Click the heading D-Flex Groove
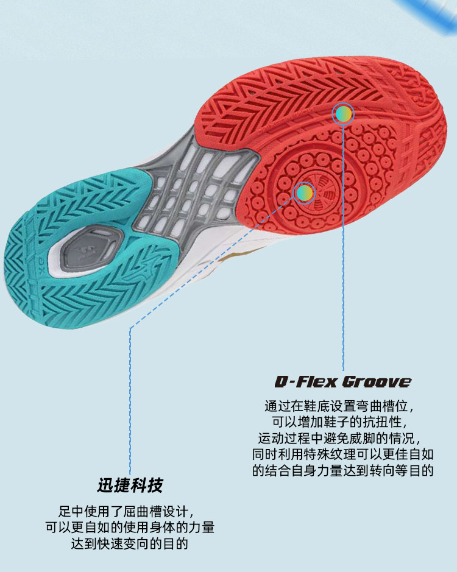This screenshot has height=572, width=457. coord(342,382)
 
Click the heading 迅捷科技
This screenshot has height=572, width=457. coord(130,485)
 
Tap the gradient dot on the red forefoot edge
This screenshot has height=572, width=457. coord(343,113)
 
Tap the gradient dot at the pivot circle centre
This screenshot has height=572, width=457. coord(303,193)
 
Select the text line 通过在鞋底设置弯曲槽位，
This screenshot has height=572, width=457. coord(342,406)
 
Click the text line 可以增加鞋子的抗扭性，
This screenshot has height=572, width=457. coord(342,422)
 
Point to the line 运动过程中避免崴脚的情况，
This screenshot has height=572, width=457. coord(342,438)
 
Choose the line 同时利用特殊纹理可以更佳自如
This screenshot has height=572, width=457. coord(342,454)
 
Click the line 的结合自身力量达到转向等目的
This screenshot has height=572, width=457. coord(342,471)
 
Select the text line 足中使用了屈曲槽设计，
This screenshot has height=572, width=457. coord(129,510)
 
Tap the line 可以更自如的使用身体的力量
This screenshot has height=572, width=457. coord(129,527)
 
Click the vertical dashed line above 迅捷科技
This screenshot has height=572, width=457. coord(129,396)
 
